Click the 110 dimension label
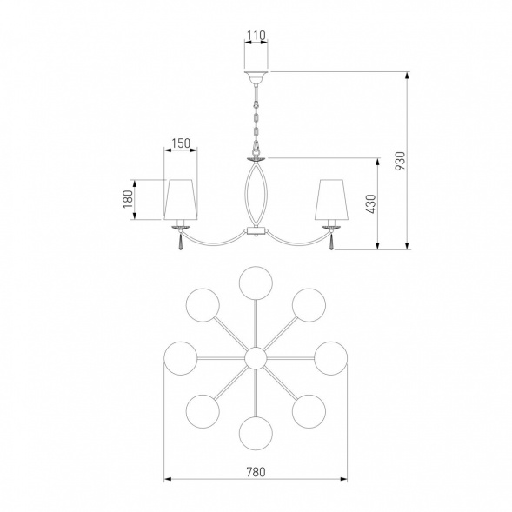point(256,35)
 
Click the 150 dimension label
point(181,143)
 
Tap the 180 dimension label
point(128,199)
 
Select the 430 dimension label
point(370,204)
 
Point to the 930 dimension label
point(400,161)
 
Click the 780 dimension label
point(256,472)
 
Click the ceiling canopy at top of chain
point(256,77)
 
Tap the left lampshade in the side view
point(181,199)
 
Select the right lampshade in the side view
point(331,199)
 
